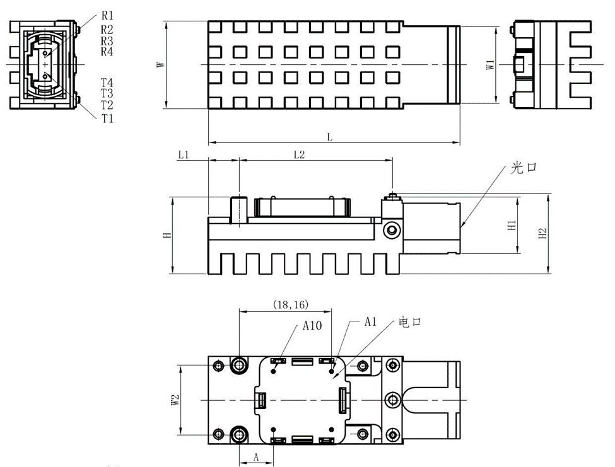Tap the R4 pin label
tap(107, 52)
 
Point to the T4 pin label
tap(107, 83)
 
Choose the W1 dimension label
tap(489, 65)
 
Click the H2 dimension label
tap(542, 234)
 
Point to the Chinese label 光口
tap(525, 168)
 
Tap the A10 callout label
tap(313, 326)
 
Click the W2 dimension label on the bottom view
tap(175, 400)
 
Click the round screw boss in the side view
tap(392, 229)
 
